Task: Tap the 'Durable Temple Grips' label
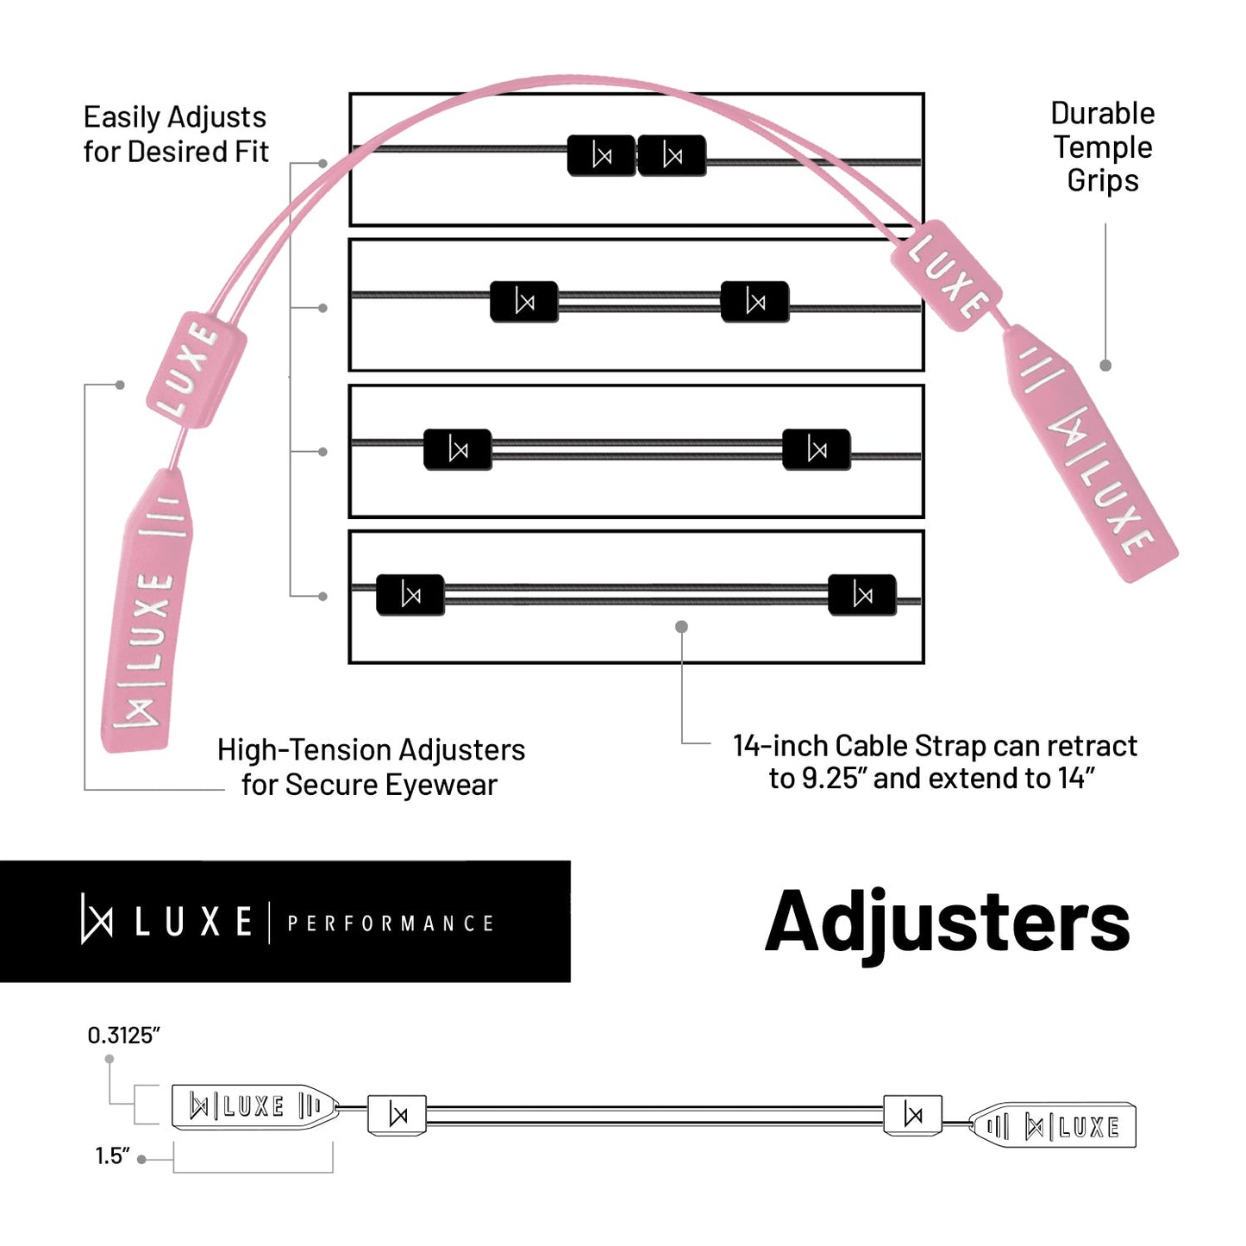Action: tap(1102, 147)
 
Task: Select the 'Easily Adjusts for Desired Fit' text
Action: tap(175, 134)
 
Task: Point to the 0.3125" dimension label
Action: tap(124, 1035)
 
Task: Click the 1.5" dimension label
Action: tap(112, 1155)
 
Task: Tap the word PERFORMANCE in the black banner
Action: tap(390, 924)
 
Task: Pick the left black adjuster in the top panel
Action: tap(602, 156)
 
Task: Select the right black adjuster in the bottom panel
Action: tap(861, 595)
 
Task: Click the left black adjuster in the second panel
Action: tap(524, 302)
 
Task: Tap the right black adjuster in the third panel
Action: tap(816, 449)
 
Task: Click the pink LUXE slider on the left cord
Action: tap(197, 369)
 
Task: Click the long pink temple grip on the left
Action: tap(148, 610)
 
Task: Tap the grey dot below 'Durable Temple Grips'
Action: tap(1105, 366)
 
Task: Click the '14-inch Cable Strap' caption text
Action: tap(935, 761)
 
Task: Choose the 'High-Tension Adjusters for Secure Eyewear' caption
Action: tap(371, 767)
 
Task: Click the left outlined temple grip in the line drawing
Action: tap(254, 1106)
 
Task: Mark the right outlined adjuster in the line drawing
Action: tap(912, 1115)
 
